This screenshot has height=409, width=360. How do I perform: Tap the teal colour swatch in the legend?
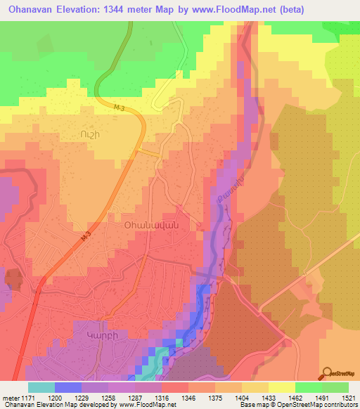click(41, 387)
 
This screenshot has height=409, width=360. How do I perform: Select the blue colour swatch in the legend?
click(68, 387)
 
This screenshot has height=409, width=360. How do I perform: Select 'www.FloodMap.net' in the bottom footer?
click(146, 405)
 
